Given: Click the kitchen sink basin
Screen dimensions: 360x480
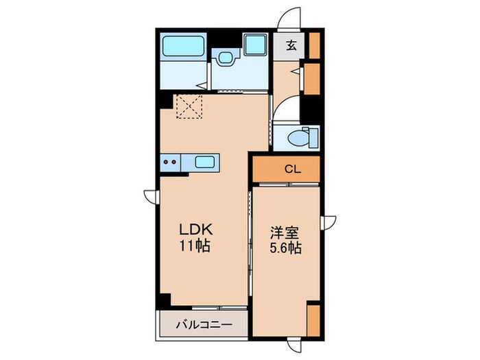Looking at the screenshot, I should [x=205, y=163].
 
